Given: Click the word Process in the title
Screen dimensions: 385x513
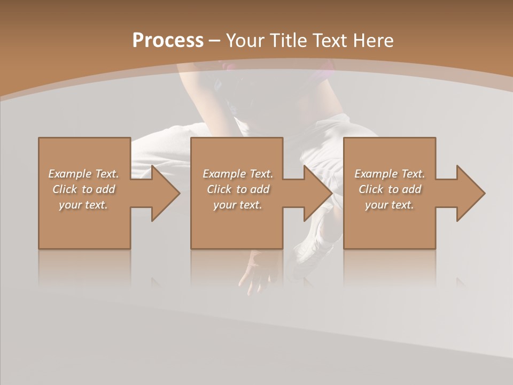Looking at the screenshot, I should click(168, 41).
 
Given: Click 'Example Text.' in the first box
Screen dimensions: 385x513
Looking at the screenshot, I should click(83, 174).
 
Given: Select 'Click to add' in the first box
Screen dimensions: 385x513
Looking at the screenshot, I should click(83, 189).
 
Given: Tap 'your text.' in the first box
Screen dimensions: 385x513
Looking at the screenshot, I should click(83, 205).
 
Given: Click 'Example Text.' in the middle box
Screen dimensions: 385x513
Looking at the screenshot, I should click(238, 174).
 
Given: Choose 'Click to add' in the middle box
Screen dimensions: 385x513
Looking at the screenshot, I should click(238, 189).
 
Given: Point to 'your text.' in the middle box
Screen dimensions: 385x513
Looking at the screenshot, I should click(238, 205).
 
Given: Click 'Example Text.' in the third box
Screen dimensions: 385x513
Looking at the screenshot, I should click(390, 174).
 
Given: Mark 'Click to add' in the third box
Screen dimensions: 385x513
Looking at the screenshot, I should click(390, 189).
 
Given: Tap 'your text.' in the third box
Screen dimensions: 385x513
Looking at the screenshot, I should click(390, 205).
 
